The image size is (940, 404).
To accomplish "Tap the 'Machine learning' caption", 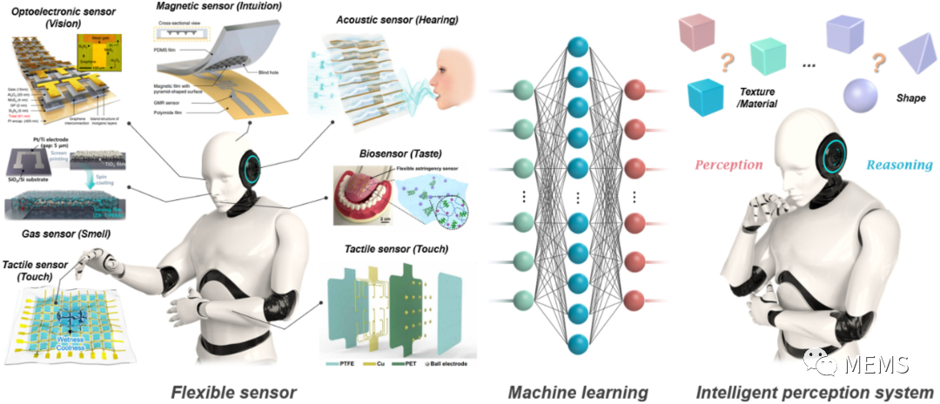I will point(573,391).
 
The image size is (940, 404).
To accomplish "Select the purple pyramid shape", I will point(911,54).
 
